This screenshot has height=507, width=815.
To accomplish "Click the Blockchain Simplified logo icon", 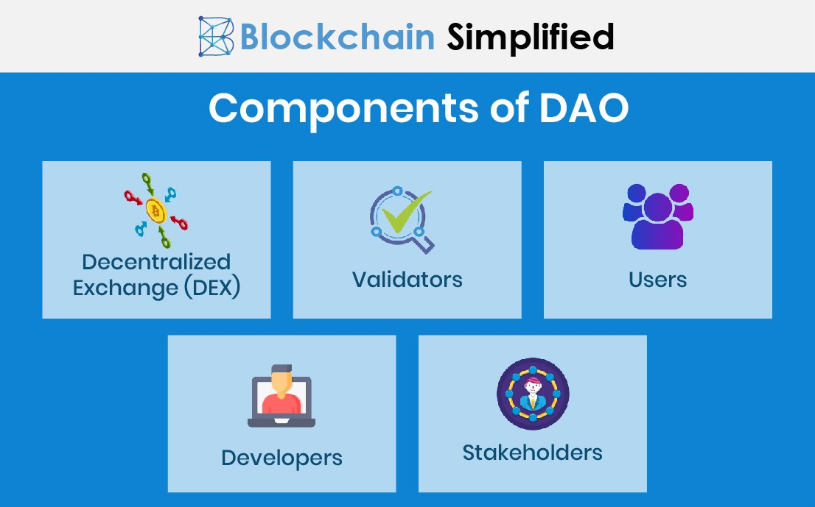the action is tap(216, 36).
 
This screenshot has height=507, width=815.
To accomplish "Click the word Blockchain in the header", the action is tap(337, 37).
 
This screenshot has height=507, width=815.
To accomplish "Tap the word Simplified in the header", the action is tap(531, 37).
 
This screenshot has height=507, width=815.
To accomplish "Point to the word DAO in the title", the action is tap(584, 107).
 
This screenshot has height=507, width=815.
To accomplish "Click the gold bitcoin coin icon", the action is tap(155, 210).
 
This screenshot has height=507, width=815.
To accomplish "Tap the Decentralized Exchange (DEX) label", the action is tap(156, 275).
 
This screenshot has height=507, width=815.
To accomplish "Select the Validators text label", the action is tap(407, 280).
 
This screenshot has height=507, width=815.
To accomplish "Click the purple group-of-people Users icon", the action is tap(658, 216).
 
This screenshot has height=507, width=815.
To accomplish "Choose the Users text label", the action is tap(658, 280).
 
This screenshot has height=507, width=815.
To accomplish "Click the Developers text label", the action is tap(281, 458).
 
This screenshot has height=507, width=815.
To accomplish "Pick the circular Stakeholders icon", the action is tap(533, 394).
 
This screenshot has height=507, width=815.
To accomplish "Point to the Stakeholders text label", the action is tap(533, 453).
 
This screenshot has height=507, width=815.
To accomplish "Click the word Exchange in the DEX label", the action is tap(125, 288).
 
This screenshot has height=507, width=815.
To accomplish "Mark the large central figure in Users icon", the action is tap(657, 221).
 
